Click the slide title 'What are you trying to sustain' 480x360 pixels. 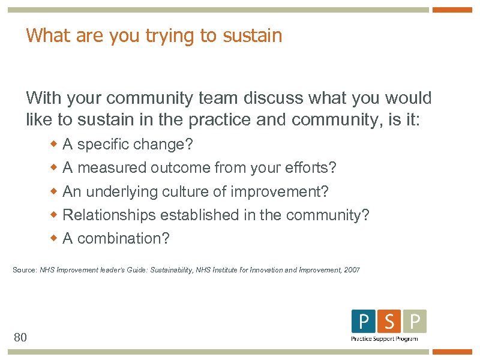point(154,36)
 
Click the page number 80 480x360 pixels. point(20,337)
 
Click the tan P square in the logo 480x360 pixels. point(415,322)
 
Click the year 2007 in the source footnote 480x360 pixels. point(352,271)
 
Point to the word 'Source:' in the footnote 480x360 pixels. point(25,271)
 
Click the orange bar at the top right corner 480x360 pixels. point(452,10)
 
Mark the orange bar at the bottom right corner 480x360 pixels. point(452,352)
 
